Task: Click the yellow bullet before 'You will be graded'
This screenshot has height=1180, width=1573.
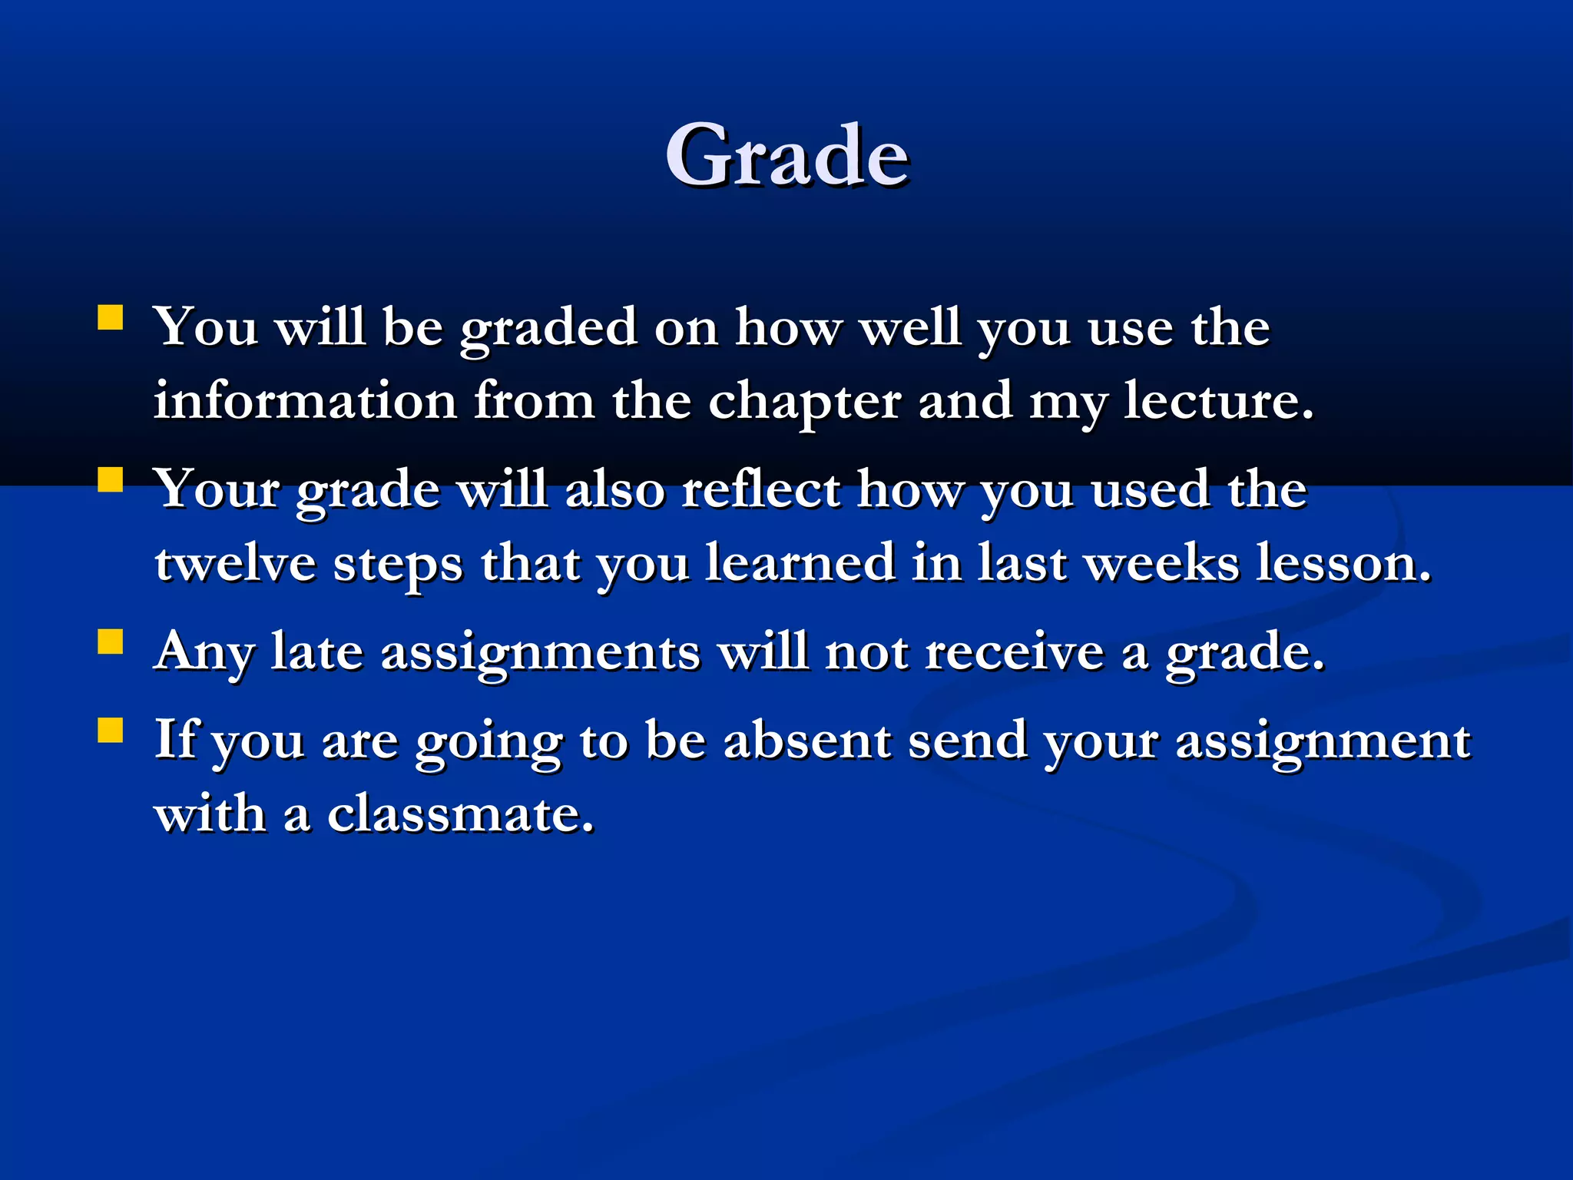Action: click(x=111, y=317)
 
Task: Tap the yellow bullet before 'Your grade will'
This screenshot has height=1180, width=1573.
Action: click(x=111, y=479)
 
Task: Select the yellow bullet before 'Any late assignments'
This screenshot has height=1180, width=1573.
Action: click(x=111, y=641)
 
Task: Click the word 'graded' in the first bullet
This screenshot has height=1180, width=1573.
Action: click(x=548, y=329)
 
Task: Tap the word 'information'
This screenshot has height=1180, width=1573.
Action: click(x=305, y=401)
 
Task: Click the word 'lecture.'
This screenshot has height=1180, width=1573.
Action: click(x=1219, y=401)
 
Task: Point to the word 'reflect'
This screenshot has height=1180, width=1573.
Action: click(x=760, y=489)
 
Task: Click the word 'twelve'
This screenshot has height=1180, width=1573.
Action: click(x=235, y=563)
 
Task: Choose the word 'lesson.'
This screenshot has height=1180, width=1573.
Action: click(x=1344, y=563)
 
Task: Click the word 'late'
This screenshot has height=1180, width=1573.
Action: click(x=316, y=652)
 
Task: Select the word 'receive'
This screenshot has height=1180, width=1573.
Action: click(x=1014, y=652)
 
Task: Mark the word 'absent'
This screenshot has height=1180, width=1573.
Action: click(x=807, y=741)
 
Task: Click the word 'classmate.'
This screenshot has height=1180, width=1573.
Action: click(x=461, y=814)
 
